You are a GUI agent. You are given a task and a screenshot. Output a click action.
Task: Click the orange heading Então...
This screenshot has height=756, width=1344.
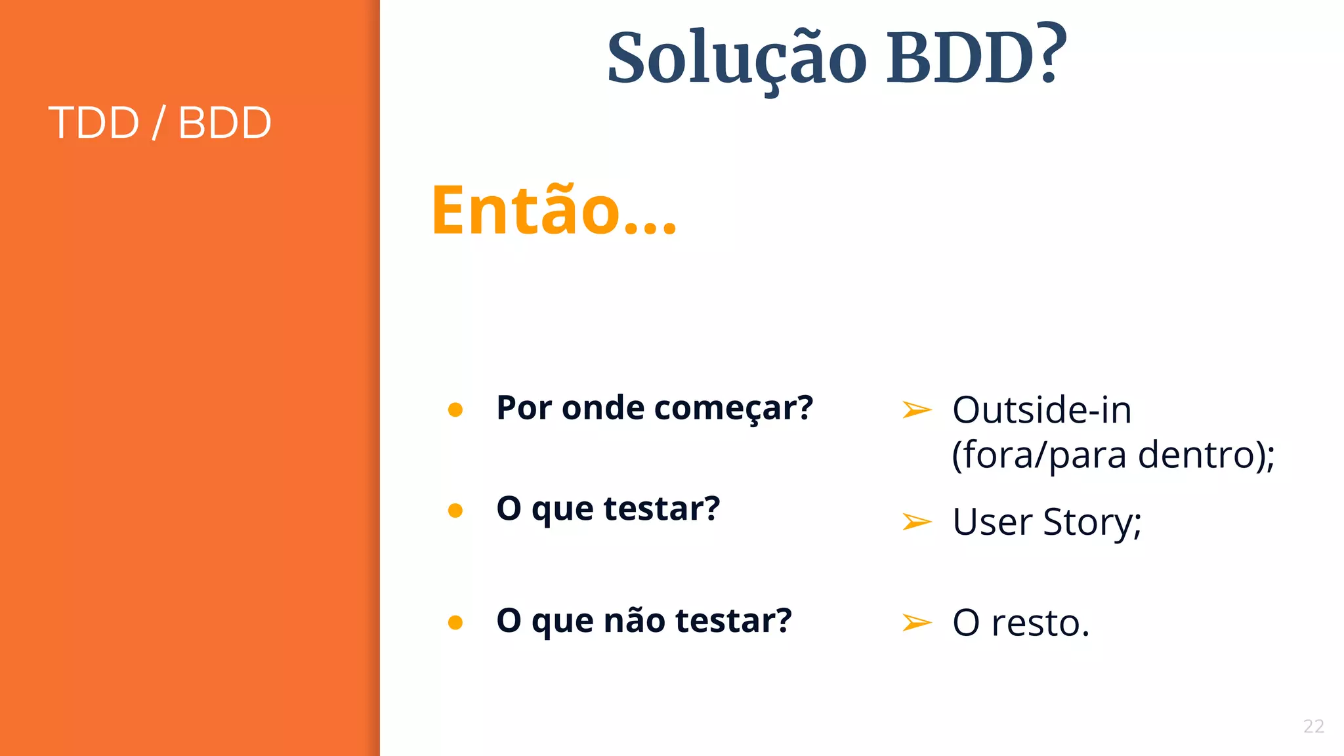point(553,210)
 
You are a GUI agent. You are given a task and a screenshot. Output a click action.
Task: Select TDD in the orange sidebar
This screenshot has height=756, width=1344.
point(94,123)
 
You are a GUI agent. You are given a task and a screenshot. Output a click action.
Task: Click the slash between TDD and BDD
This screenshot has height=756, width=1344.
point(158,123)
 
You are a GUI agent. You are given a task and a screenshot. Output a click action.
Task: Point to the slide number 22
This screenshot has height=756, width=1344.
point(1313,726)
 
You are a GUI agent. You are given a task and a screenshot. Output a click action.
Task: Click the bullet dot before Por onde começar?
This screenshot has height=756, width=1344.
point(455,410)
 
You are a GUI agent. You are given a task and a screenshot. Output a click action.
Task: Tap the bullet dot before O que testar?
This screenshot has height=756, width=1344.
point(455,511)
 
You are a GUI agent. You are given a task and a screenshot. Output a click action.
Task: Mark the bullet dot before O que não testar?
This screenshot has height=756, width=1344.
point(455,622)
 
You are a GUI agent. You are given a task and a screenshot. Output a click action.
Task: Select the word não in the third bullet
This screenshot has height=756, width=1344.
point(634,621)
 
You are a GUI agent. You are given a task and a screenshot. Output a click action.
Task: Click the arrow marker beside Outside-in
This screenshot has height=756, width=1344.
point(917,410)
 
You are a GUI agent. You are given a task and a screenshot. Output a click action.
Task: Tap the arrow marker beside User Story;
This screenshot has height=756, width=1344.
point(917,522)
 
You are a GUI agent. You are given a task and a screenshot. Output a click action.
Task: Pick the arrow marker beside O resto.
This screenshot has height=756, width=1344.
point(917,622)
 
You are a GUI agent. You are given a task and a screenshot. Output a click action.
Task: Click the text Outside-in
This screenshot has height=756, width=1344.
point(1041,411)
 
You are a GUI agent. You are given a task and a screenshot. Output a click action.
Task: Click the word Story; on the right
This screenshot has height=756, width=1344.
point(1092,523)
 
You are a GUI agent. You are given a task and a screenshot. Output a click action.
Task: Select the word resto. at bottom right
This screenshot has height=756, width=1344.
point(1040,623)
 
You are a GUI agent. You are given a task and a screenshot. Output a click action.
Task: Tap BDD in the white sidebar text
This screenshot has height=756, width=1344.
point(224,123)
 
